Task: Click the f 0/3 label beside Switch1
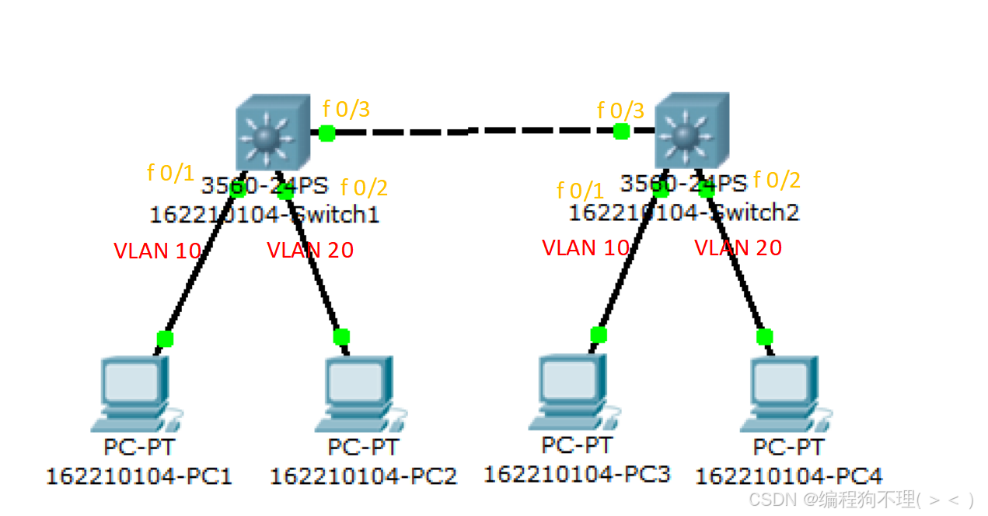coord(346,109)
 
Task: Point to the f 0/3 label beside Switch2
coord(620,111)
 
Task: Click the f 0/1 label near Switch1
coord(170,173)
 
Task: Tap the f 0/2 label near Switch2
coord(777,181)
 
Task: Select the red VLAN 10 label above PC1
coord(158,251)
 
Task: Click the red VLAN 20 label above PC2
coord(310,251)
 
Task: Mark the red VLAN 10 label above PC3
coord(585,248)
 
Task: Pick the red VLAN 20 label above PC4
coord(738,248)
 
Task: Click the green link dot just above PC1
coord(165,339)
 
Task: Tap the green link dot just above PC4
coord(765,337)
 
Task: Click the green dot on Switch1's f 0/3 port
coord(326,132)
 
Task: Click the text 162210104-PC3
coord(577,473)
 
